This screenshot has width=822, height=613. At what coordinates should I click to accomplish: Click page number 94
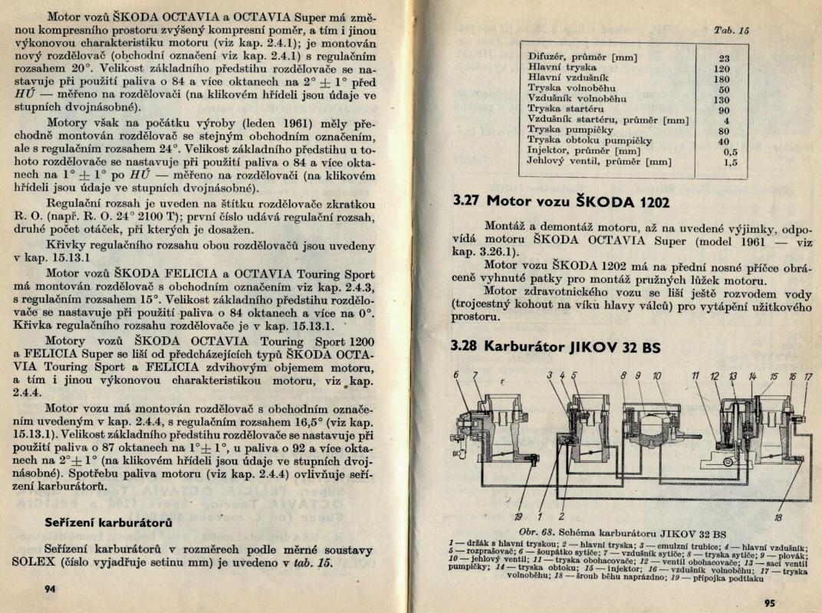(51, 588)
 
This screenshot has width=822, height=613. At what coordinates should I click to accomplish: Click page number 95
(770, 602)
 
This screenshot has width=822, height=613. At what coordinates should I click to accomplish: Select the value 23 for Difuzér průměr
(724, 57)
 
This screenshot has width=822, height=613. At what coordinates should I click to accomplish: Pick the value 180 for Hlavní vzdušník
(722, 78)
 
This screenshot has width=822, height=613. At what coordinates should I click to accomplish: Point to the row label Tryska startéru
(566, 110)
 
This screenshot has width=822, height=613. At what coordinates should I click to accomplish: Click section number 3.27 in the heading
(465, 202)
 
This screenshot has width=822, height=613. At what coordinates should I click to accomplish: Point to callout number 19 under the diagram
(519, 516)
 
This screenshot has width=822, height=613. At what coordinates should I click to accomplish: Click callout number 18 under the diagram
(778, 518)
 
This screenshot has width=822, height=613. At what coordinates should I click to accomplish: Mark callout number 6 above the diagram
(456, 375)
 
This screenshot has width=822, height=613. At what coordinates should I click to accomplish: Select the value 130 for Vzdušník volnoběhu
(722, 99)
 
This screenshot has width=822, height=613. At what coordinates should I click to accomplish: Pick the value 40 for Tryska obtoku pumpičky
(724, 141)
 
